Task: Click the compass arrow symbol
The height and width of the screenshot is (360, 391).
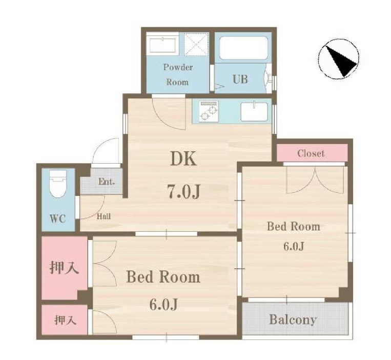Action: (x=339, y=59)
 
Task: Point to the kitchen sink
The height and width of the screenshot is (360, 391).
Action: (x=254, y=111)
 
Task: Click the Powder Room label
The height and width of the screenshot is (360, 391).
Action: (x=177, y=74)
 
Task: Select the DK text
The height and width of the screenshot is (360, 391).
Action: (x=183, y=159)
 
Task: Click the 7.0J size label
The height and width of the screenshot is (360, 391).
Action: (x=183, y=191)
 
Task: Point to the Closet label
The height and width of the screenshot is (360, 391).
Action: (x=311, y=153)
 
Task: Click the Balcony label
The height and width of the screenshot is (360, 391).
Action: (x=293, y=320)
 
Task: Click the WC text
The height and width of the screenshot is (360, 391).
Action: (x=57, y=218)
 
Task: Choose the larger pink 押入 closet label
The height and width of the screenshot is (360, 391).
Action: (x=64, y=267)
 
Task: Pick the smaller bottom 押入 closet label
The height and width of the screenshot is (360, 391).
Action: (x=65, y=321)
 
